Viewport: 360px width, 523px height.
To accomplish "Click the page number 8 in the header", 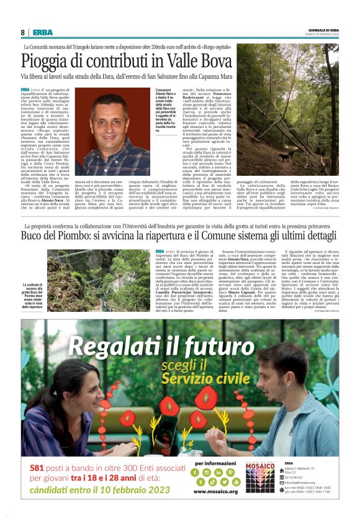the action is (23, 32).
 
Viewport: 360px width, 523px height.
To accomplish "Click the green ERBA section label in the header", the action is (43, 32).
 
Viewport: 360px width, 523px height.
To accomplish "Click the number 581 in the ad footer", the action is (37, 468).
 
